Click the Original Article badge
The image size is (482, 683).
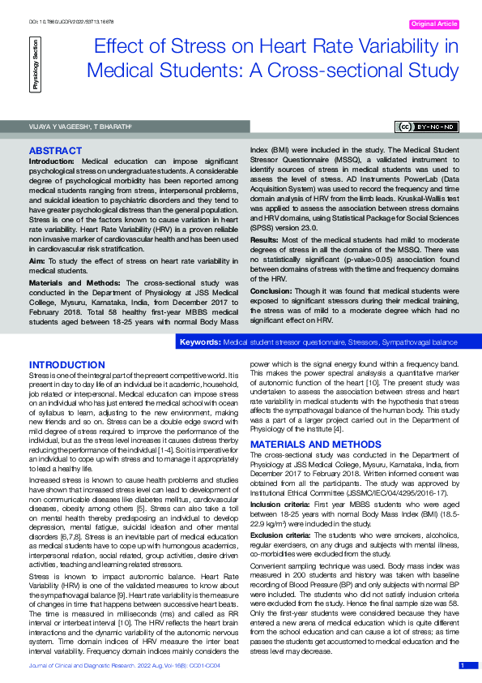point(435,24)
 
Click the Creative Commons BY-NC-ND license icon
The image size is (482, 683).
point(427,127)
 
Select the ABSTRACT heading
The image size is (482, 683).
point(54,151)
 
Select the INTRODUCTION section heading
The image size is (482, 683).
point(69,365)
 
